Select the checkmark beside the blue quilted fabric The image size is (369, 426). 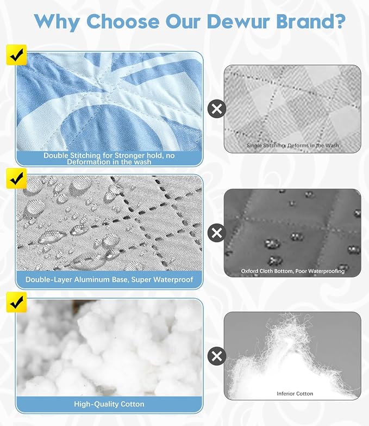[x=16, y=55]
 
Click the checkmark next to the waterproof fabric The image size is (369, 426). [x=16, y=178]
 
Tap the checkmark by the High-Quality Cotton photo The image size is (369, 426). [x=16, y=302]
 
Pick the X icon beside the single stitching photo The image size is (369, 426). [x=216, y=109]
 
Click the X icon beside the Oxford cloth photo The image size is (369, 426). [x=216, y=233]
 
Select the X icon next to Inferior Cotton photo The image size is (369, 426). [x=216, y=356]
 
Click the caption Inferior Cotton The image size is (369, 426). [x=295, y=393]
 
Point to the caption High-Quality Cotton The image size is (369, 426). [x=109, y=404]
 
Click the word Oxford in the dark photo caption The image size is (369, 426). [x=249, y=271]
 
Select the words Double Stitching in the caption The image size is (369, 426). [x=72, y=156]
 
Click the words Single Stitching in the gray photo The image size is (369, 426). [x=266, y=146]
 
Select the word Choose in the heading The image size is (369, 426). [x=123, y=21]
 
